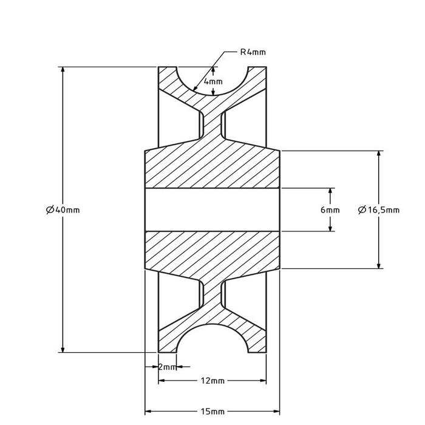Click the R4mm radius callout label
253,52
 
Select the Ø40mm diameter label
63,209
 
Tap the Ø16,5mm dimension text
378,210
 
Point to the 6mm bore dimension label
330,210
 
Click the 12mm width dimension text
212,381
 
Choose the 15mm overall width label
212,411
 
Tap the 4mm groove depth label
213,81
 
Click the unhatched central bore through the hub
212,209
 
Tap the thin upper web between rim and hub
212,124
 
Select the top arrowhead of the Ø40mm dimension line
63,70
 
